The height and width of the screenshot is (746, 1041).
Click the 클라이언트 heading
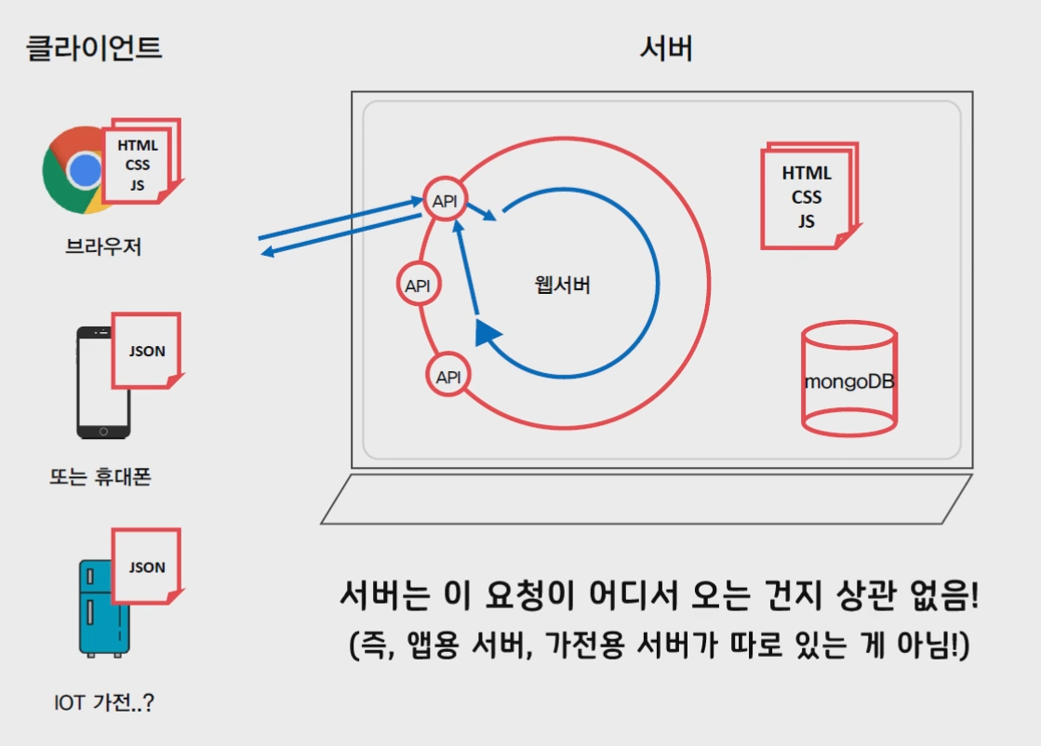(93, 47)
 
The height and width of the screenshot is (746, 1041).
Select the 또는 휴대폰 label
(100, 478)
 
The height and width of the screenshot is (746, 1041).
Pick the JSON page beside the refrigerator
(146, 566)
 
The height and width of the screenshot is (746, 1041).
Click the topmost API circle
(445, 199)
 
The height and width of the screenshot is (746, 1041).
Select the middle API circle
(419, 286)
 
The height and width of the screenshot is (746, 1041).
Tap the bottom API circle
(448, 376)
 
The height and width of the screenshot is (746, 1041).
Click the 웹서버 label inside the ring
(563, 286)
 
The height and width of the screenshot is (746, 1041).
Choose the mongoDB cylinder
(848, 380)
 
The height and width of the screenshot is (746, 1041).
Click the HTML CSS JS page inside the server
(807, 196)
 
